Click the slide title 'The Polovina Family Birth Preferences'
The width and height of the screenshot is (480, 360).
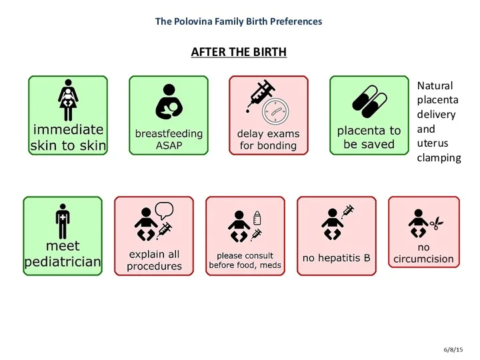point(239,21)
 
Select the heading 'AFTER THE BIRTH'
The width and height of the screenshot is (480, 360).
point(239,52)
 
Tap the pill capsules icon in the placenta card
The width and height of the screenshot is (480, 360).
point(369,101)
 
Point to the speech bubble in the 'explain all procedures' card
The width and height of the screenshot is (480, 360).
point(164,211)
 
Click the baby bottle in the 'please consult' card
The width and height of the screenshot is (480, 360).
point(257,217)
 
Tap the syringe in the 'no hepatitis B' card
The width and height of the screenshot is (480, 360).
point(347,212)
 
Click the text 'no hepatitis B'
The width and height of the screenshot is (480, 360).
point(336,257)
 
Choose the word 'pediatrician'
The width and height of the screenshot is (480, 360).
point(63,262)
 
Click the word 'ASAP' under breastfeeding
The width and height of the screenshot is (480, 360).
point(169,145)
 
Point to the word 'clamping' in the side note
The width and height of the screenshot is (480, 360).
point(439,158)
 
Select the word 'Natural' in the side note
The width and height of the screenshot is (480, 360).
point(435,85)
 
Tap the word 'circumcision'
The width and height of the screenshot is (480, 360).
point(423,259)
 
